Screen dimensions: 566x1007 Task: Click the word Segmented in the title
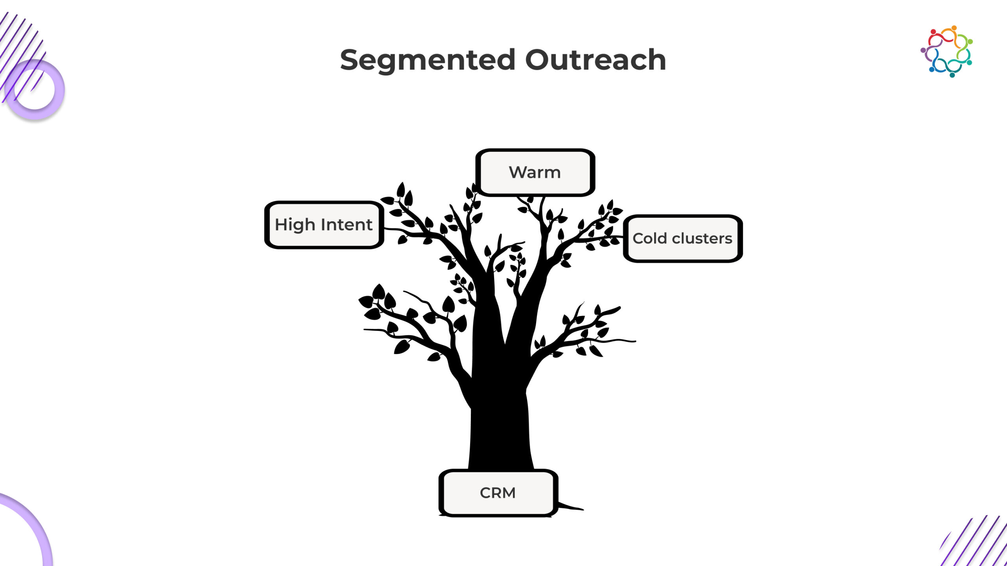click(427, 60)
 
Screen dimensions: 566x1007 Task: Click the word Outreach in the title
click(595, 60)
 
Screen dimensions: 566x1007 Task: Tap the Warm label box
click(535, 172)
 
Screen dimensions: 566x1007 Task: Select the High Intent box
click(324, 225)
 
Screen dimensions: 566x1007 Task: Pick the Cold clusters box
click(682, 239)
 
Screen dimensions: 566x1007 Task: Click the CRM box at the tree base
click(498, 493)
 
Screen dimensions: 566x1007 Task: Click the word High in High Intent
click(295, 225)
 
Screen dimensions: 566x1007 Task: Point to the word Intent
click(347, 225)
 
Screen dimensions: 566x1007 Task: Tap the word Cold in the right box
click(649, 239)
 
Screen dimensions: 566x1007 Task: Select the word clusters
click(702, 239)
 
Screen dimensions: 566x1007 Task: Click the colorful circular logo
click(946, 51)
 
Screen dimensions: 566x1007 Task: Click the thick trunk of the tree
click(500, 424)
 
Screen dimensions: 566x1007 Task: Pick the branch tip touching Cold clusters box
click(618, 237)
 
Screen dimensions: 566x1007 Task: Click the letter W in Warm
click(517, 172)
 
